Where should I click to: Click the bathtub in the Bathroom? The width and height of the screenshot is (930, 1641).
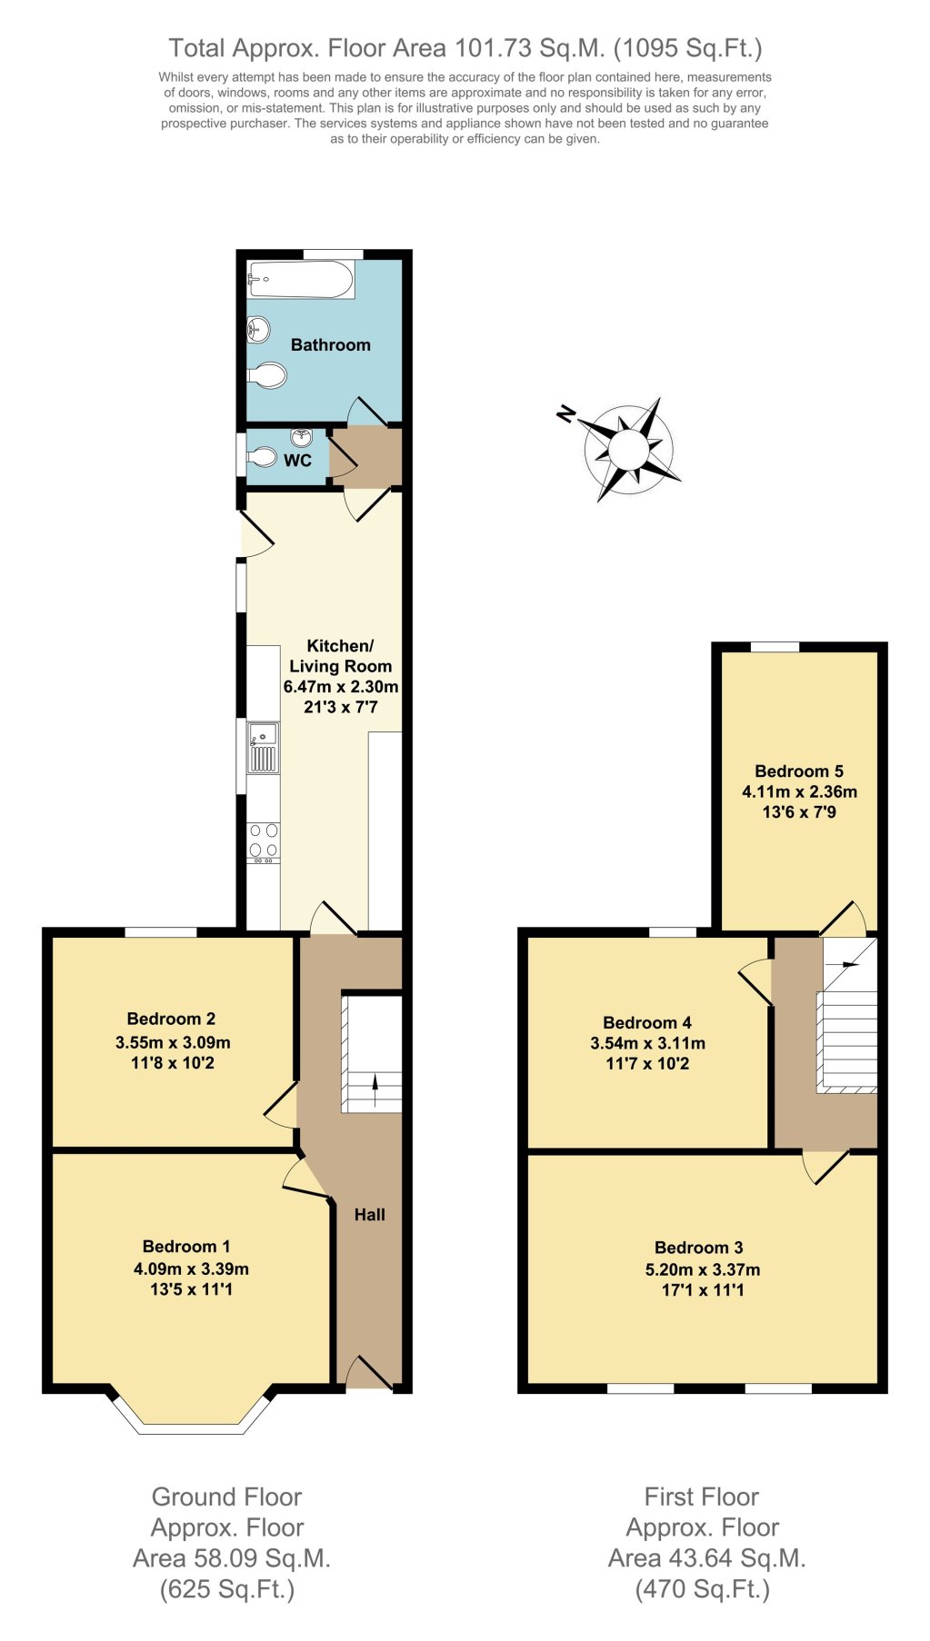(300, 279)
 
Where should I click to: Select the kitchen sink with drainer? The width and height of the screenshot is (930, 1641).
(264, 747)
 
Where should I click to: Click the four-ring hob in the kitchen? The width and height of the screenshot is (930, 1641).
(264, 841)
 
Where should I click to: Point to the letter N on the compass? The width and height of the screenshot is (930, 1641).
(566, 414)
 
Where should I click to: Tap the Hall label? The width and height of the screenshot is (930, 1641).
(369, 1214)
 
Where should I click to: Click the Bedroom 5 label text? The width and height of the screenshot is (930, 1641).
(799, 771)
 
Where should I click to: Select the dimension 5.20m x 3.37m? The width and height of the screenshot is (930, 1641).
(703, 1269)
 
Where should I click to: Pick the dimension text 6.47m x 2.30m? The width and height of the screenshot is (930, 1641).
(341, 686)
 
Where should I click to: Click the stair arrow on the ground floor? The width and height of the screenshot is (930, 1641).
(375, 1081)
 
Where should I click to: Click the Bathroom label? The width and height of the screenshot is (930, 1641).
(330, 344)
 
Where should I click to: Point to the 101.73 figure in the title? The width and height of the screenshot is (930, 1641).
(491, 47)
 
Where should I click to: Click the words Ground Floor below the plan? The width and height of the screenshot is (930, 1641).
(226, 1497)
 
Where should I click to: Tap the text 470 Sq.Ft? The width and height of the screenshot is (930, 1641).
(702, 1589)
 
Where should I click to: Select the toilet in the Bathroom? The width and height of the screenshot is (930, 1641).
(267, 375)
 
